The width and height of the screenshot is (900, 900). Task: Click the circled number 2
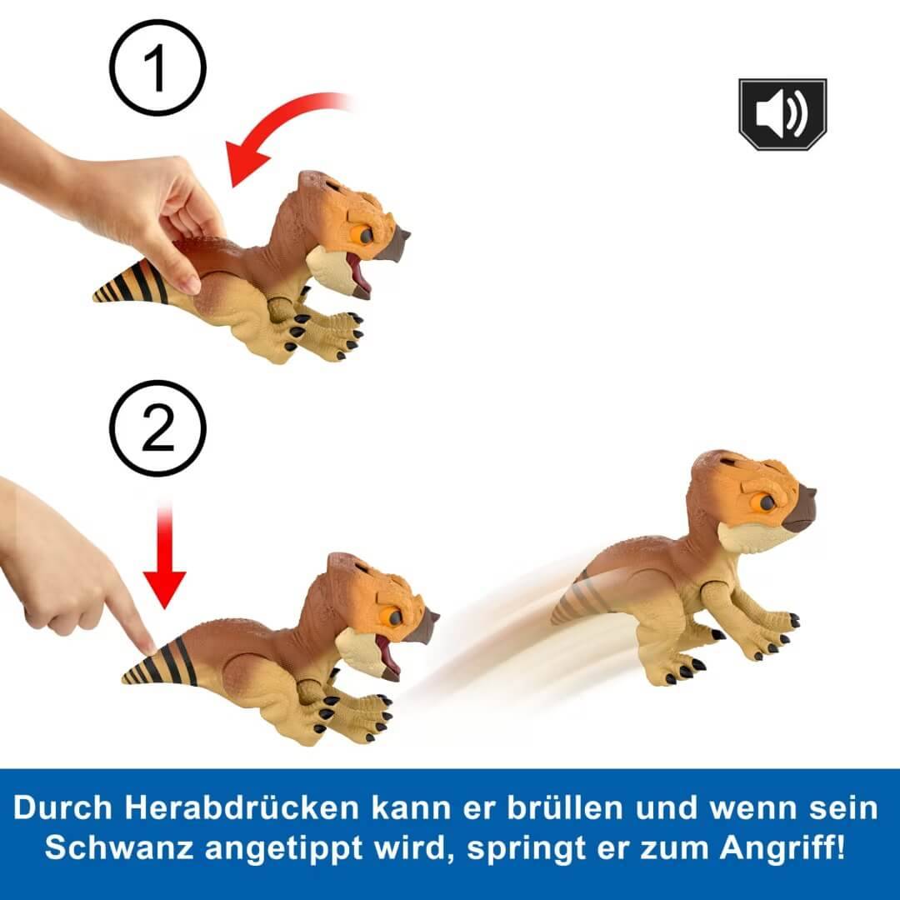157,428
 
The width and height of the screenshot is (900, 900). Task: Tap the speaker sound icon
782,114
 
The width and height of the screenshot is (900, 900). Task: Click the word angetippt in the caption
291,849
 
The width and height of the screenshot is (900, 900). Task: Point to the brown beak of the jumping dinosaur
798,509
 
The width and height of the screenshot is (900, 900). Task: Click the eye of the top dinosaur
364,235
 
